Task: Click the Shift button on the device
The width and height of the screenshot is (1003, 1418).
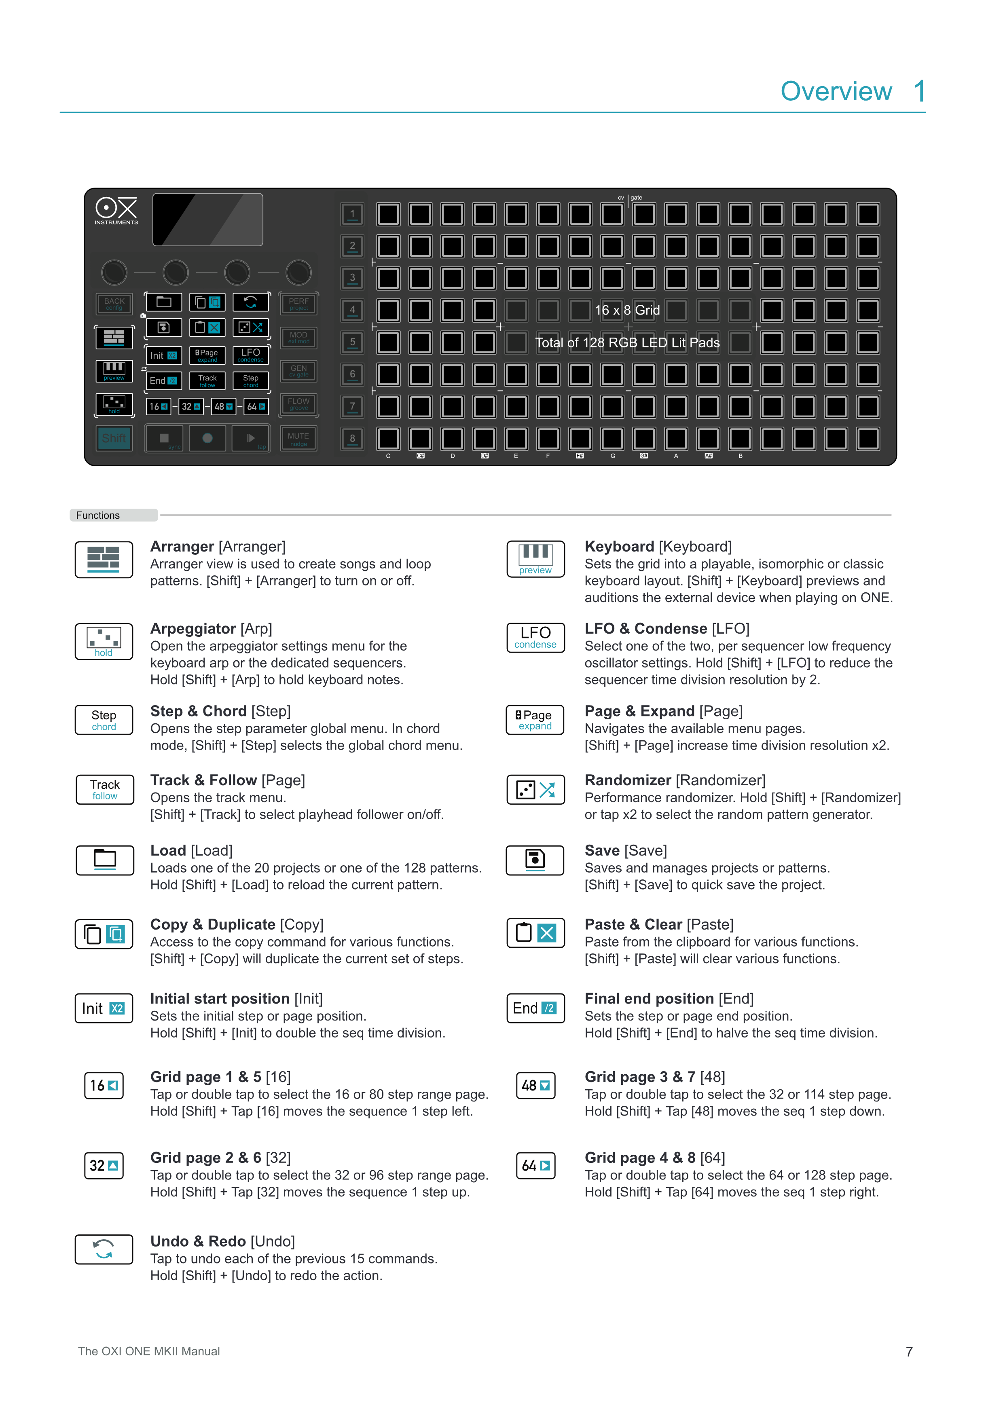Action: pyautogui.click(x=114, y=438)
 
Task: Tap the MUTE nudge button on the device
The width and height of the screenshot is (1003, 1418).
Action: pyautogui.click(x=298, y=438)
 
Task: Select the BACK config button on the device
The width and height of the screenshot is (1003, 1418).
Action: pyautogui.click(x=114, y=304)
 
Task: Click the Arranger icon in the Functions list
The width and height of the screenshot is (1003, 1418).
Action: pyautogui.click(x=104, y=560)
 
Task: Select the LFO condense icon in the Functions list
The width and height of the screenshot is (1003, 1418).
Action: pyautogui.click(x=535, y=637)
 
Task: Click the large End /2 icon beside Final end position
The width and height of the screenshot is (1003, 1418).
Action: pyautogui.click(x=535, y=1008)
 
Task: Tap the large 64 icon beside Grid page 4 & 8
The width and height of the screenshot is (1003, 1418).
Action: pyautogui.click(x=535, y=1165)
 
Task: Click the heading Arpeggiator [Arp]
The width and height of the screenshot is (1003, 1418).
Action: pyautogui.click(x=211, y=629)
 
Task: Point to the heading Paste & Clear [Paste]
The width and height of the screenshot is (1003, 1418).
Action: pyautogui.click(x=659, y=925)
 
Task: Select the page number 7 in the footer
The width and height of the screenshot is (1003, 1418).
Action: pyautogui.click(x=908, y=1351)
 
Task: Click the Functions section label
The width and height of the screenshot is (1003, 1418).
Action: pyautogui.click(x=98, y=515)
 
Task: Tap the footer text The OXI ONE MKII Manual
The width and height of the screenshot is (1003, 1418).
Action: pyautogui.click(x=149, y=1351)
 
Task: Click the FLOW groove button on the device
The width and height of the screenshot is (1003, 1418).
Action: pyautogui.click(x=298, y=404)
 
